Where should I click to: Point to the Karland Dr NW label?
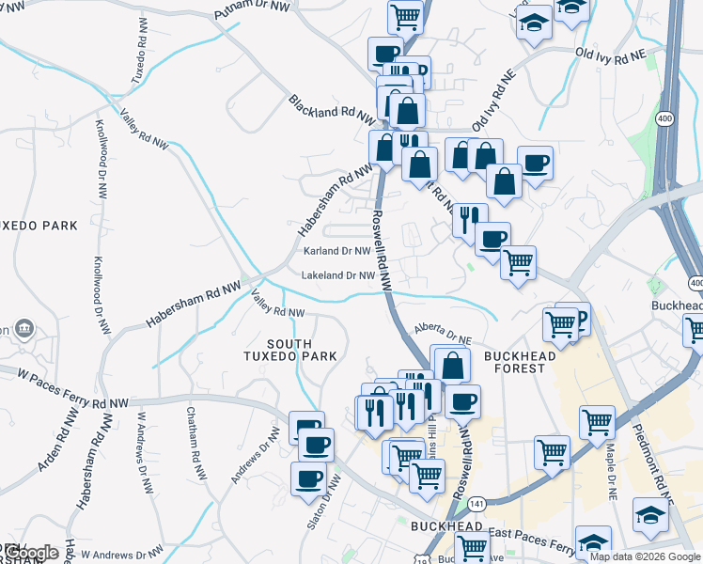point(337,251)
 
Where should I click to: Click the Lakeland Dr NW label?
point(338,275)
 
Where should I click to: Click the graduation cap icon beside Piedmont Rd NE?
point(650,514)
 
